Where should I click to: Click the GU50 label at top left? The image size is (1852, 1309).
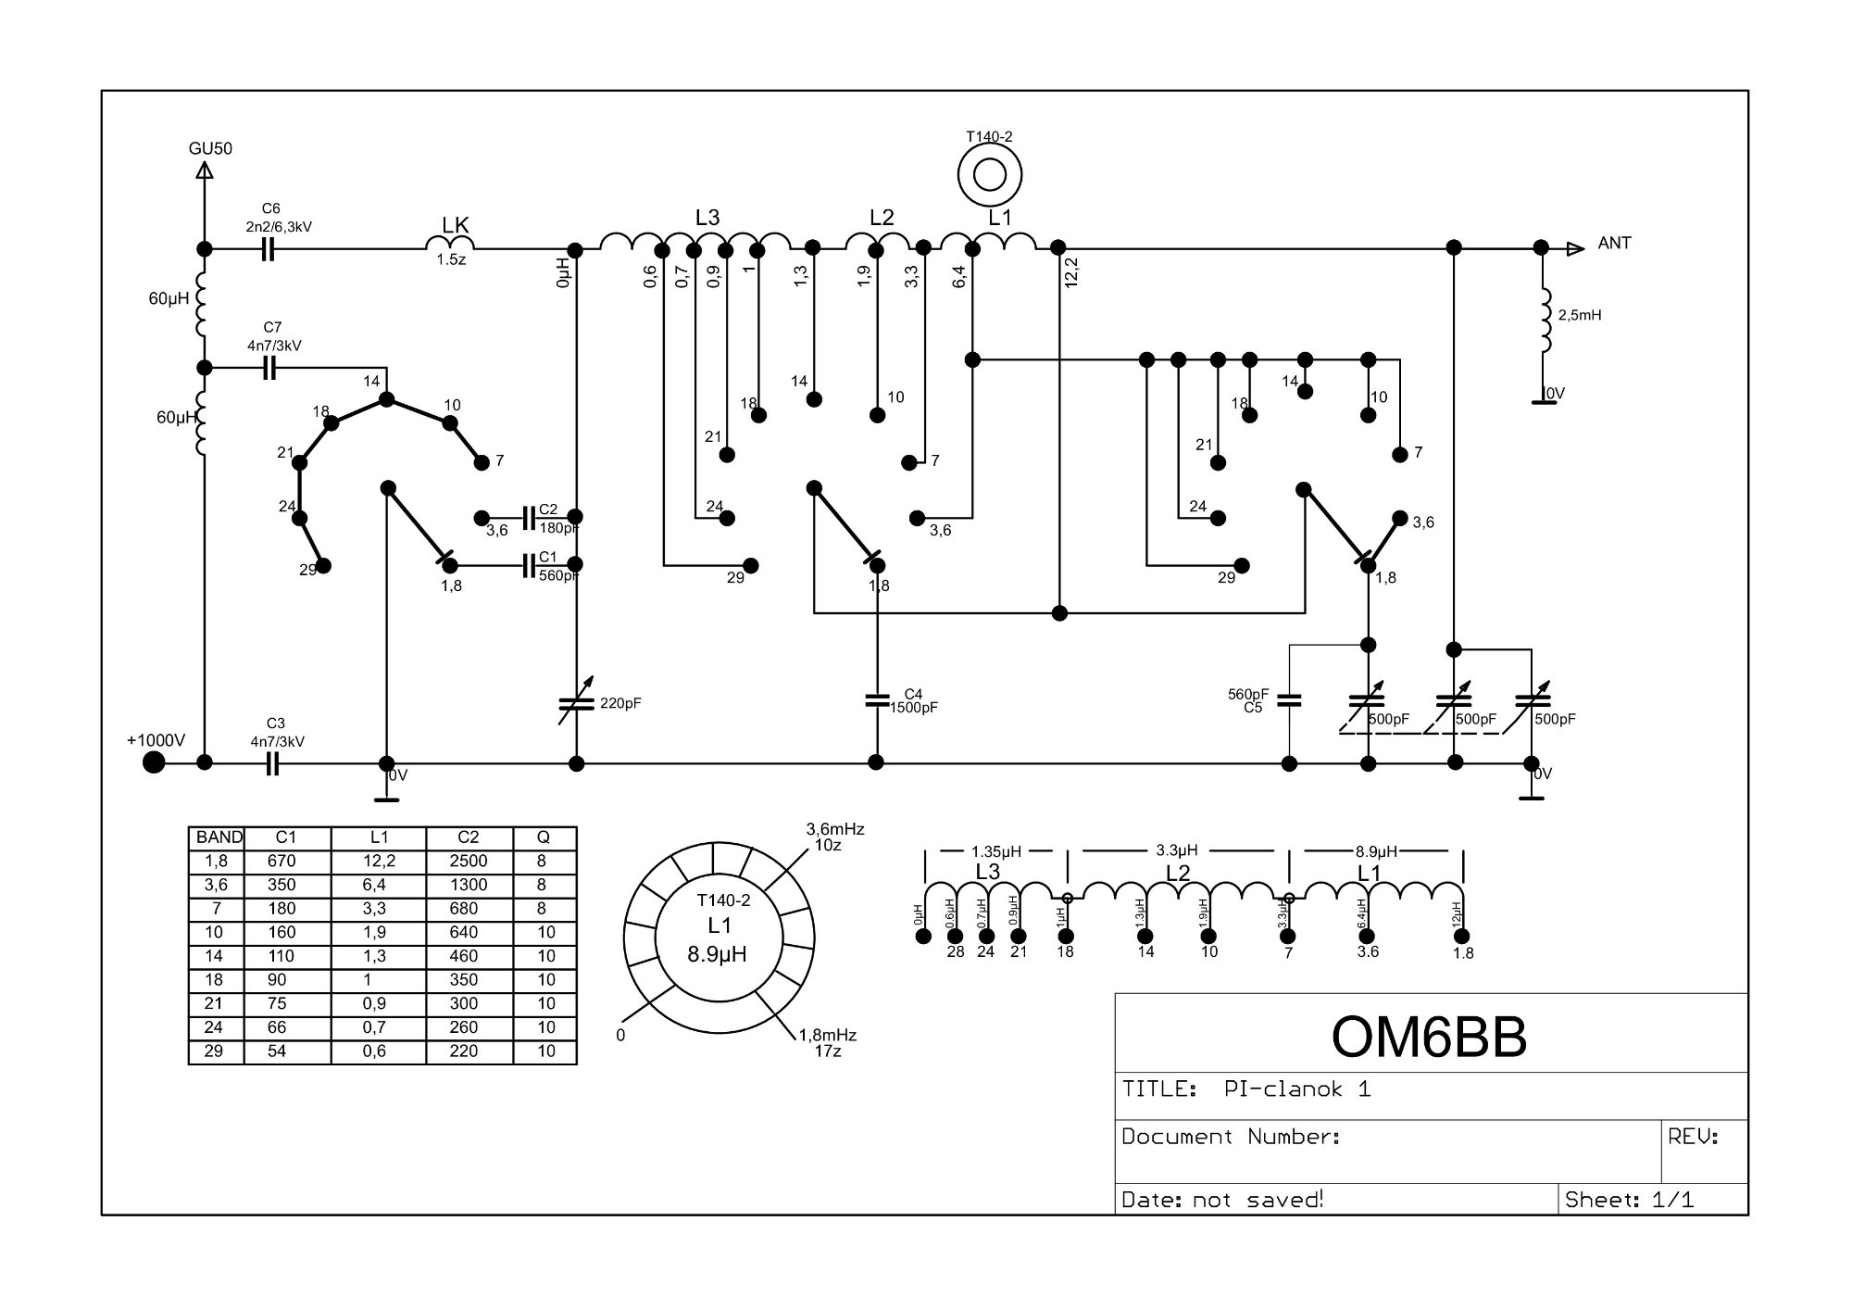210,148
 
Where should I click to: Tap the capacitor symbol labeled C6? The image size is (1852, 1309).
268,249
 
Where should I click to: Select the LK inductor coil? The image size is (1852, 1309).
451,243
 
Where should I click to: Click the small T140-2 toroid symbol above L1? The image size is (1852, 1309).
990,175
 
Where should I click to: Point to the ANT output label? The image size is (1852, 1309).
1614,244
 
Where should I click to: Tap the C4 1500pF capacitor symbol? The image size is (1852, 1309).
876,700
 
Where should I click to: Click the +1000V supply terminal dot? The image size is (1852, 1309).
154,762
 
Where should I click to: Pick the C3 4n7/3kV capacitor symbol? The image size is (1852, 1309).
271,764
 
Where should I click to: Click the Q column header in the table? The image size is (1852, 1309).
544,837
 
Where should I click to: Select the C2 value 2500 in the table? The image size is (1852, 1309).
468,862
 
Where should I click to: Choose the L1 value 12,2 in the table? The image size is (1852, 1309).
379,862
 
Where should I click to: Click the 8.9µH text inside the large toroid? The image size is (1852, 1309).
718,954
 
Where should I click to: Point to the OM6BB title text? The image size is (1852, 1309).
1429,1038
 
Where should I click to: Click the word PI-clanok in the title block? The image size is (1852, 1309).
1283,1089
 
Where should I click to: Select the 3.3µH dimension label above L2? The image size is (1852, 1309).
1177,850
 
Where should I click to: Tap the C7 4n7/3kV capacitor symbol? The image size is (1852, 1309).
269,369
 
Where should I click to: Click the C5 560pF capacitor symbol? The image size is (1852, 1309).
1288,700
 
